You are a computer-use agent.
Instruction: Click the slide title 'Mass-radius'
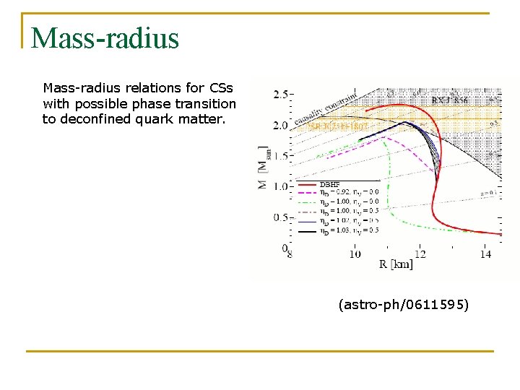pos(105,38)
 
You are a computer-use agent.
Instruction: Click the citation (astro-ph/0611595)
pos(403,305)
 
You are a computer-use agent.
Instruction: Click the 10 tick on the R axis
pos(355,254)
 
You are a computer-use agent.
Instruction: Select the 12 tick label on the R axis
pos(420,254)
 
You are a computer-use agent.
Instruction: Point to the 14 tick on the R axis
pos(485,254)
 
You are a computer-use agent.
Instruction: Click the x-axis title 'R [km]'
pos(396,264)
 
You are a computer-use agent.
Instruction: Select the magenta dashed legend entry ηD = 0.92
pos(346,191)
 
